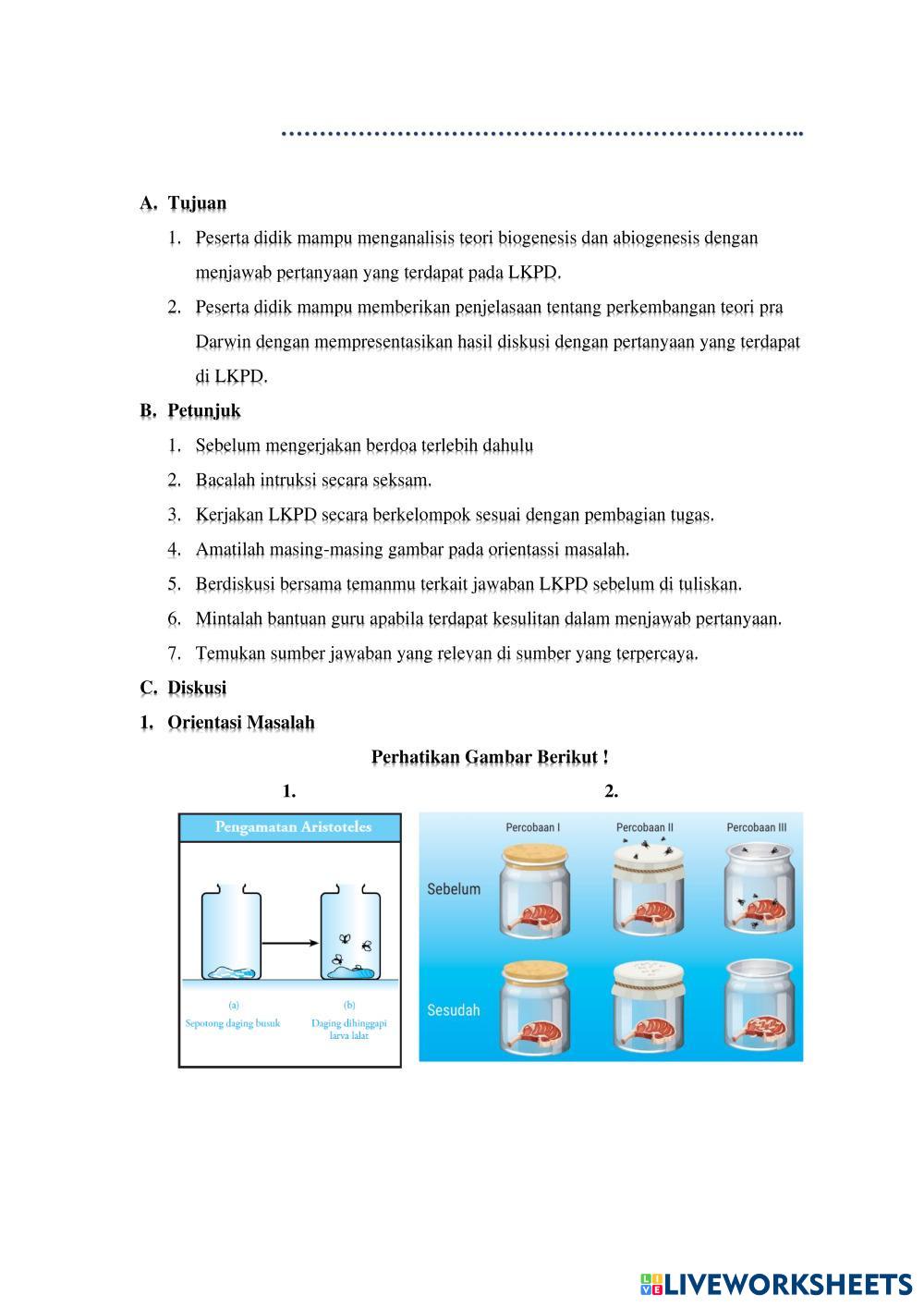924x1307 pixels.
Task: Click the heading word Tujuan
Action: coord(197,203)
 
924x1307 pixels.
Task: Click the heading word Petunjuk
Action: coord(203,410)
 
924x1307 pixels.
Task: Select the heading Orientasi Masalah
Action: coord(240,723)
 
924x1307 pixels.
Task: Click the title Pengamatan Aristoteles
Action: coord(293,827)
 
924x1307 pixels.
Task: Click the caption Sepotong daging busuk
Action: coord(233,1023)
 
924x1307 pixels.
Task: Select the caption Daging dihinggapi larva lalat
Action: coord(348,1029)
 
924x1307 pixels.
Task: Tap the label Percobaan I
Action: coord(533,827)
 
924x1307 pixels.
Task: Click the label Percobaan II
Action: coord(644,827)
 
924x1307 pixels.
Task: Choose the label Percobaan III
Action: coord(757,827)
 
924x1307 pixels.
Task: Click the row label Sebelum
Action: coord(454,889)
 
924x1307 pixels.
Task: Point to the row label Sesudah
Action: coord(454,1010)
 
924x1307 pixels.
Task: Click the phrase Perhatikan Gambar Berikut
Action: coord(489,758)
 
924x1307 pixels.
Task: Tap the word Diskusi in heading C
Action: coord(197,689)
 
